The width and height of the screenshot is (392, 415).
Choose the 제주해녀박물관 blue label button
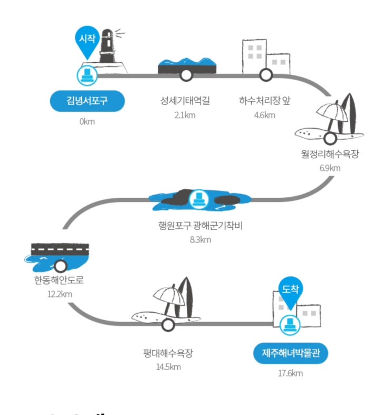point(290,353)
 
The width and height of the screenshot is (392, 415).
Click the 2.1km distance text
point(185,115)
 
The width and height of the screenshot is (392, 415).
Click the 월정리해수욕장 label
point(330,154)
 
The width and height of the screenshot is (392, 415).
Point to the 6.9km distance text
point(330,168)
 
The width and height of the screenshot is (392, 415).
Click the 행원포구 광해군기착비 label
point(200,226)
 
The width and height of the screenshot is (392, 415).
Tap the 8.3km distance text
point(200,240)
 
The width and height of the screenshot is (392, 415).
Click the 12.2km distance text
point(59,294)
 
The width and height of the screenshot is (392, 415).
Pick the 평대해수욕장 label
point(168,353)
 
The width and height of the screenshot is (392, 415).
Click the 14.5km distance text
point(168,367)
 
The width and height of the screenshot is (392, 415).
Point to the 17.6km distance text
point(291,374)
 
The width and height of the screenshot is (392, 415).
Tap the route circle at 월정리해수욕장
point(330,139)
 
